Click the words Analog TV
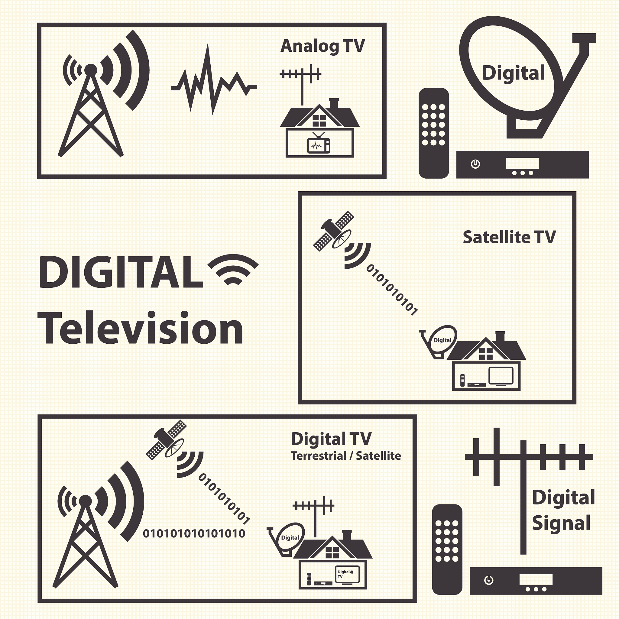[322, 47]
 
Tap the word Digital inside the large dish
[513, 73]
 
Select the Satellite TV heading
[509, 237]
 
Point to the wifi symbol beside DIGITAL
[233, 269]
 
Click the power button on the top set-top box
[475, 164]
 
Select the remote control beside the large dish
[434, 133]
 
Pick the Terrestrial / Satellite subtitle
[346, 456]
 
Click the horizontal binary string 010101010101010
[194, 534]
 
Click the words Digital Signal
[563, 510]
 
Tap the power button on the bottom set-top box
[489, 580]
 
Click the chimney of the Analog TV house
[334, 103]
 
